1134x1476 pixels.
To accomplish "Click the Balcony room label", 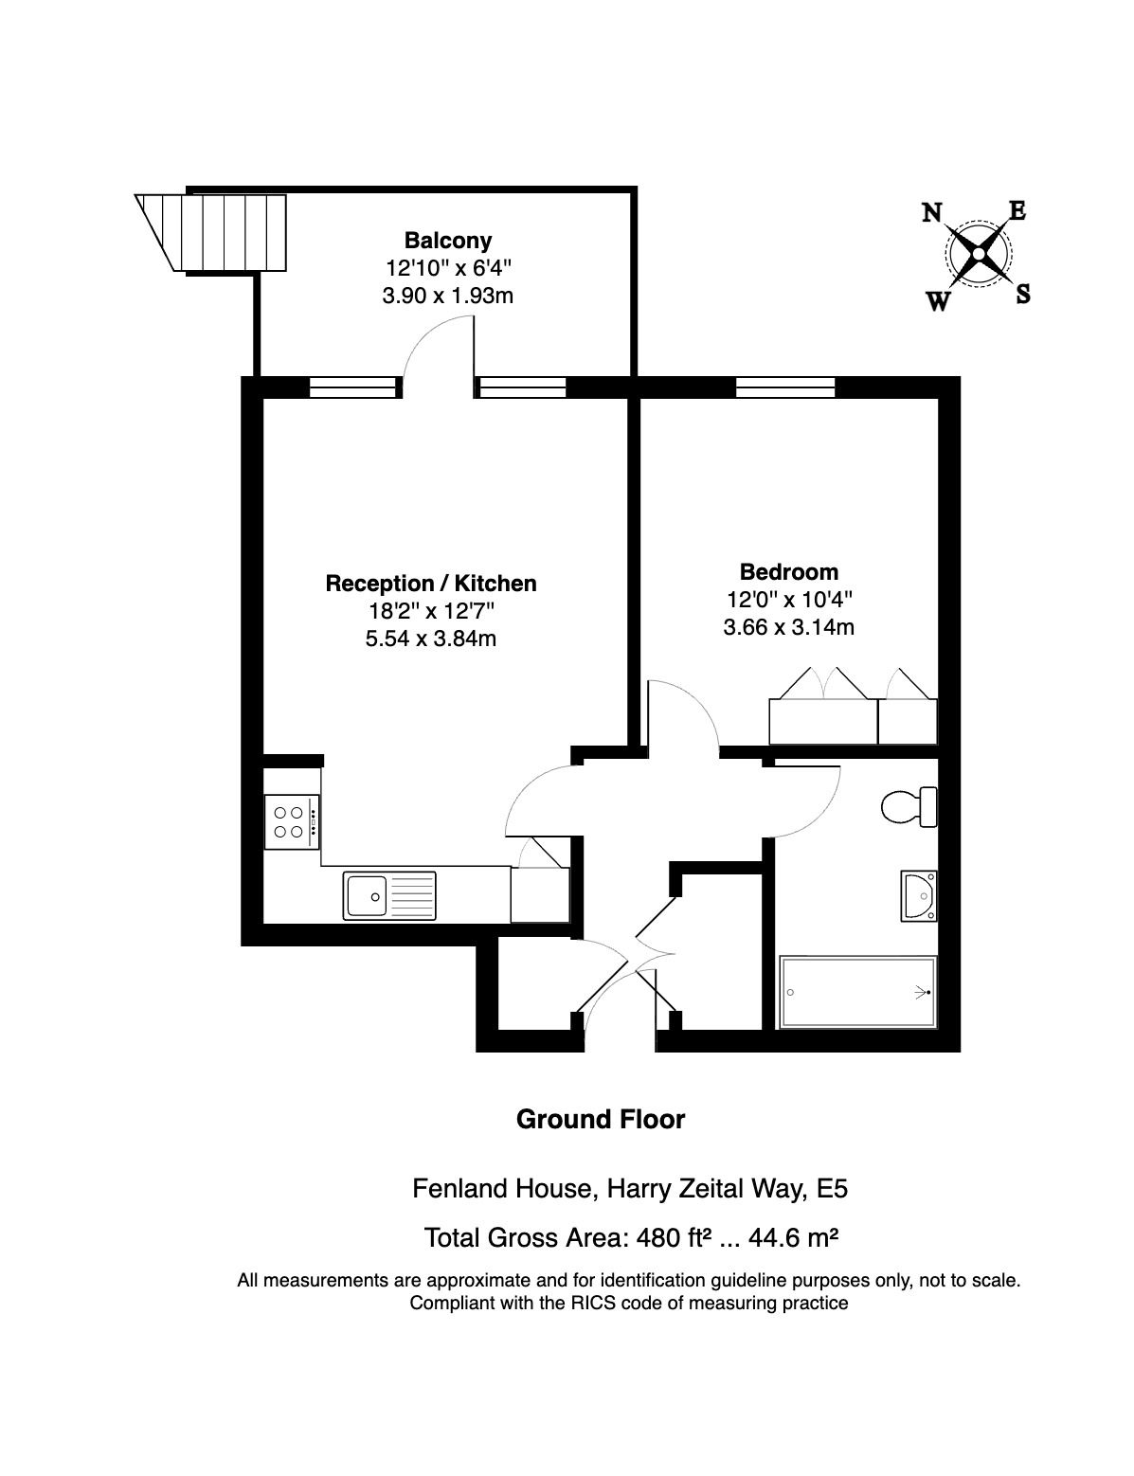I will (447, 240).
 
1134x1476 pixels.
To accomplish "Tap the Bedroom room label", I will (788, 571).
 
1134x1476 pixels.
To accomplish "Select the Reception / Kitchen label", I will (430, 583).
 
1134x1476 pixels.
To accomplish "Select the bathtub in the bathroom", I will (857, 992).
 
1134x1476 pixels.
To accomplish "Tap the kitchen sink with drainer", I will (390, 895).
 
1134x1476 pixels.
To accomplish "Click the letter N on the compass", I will (932, 212).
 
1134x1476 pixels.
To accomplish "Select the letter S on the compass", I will (1023, 295).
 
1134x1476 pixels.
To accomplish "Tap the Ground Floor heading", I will (600, 1119).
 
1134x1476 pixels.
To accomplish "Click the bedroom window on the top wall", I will (785, 387).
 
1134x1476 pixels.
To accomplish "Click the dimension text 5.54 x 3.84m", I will (430, 638).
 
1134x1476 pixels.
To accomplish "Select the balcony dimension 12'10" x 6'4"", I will (447, 268).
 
